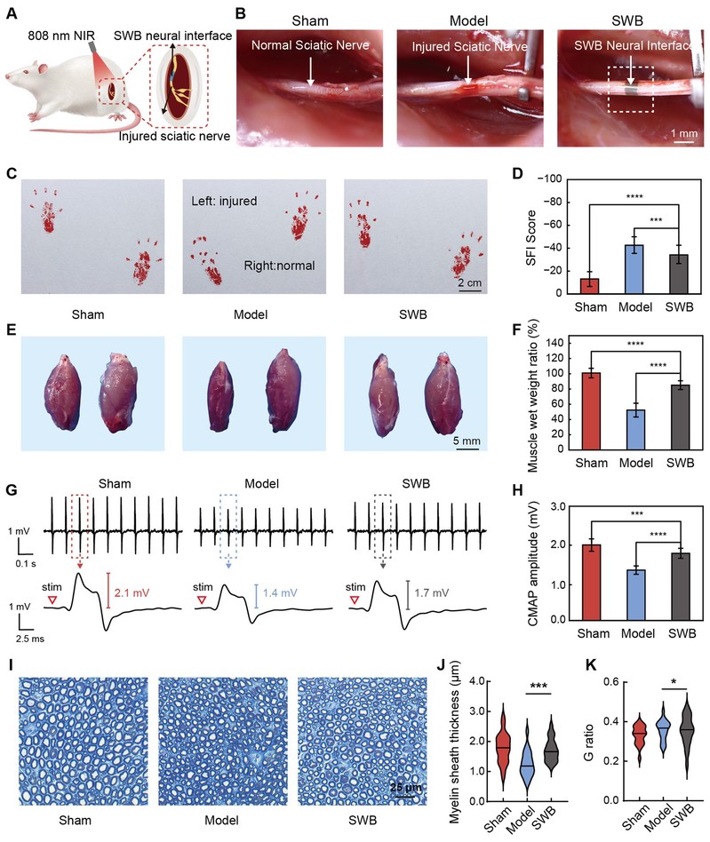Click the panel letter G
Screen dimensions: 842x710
[x=11, y=491]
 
